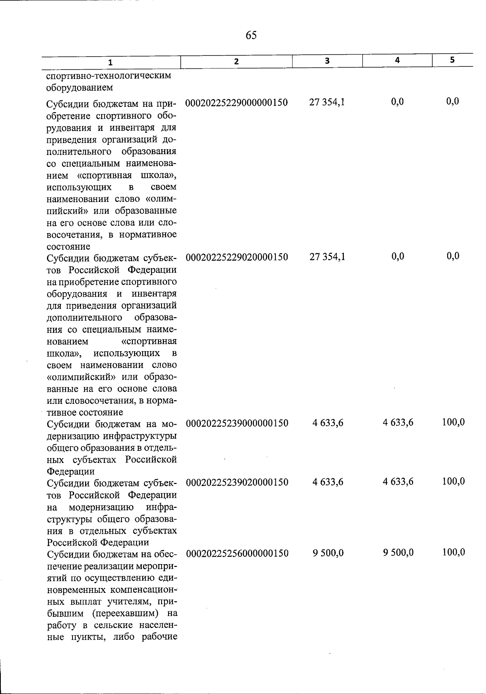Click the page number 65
click(251, 36)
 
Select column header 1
click(110, 62)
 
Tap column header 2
click(236, 62)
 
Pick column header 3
click(327, 61)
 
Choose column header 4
click(398, 60)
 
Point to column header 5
click(452, 59)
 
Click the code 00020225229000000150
click(237, 103)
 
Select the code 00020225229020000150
click(237, 257)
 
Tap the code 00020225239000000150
click(237, 424)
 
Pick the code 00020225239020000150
click(237, 483)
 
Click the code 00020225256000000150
click(237, 554)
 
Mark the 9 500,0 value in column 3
click(328, 553)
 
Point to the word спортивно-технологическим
click(109, 76)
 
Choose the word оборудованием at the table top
click(80, 87)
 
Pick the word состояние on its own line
click(68, 246)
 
